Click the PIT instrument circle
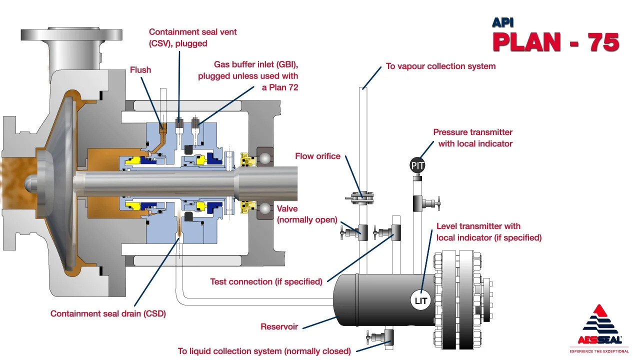click(417, 165)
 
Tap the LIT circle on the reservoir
click(421, 301)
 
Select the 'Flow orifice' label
click(317, 156)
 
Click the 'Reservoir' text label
click(279, 327)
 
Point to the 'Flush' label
click(140, 70)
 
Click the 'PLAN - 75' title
click(555, 42)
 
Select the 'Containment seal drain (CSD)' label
click(108, 314)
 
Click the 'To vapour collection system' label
click(440, 66)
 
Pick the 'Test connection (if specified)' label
click(266, 281)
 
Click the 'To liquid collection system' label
click(264, 351)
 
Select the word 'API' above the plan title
click(502, 22)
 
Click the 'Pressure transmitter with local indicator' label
click(473, 138)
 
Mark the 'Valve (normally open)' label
click(307, 214)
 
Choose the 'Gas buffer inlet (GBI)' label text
click(248, 76)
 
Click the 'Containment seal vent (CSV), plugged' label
click(192, 37)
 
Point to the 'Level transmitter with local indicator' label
click(488, 232)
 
